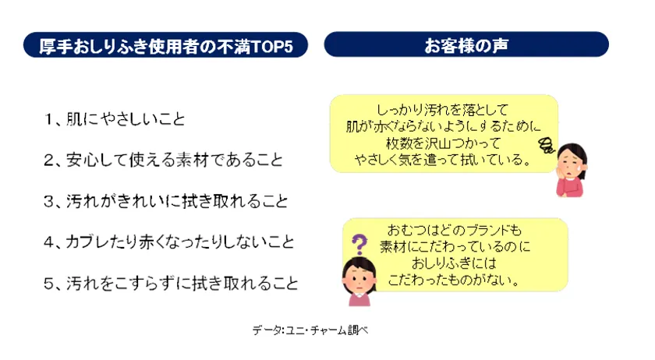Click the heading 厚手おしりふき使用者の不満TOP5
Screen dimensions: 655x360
(166, 45)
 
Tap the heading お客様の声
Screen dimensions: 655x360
(466, 45)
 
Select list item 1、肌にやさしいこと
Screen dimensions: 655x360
(114, 119)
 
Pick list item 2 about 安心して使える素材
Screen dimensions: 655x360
(163, 160)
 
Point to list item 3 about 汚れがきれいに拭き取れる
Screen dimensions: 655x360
(166, 201)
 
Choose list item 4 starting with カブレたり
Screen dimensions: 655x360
(168, 242)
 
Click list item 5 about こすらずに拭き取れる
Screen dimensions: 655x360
(171, 283)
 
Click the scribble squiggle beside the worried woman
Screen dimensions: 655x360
(547, 145)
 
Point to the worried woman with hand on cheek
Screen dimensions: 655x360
(572, 170)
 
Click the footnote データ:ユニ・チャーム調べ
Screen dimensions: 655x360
(310, 330)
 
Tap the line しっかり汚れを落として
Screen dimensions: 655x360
(442, 110)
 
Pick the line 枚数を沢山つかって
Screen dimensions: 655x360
(443, 143)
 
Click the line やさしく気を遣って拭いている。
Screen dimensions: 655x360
(443, 160)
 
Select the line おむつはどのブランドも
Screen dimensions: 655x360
(455, 230)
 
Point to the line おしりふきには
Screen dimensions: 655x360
(455, 263)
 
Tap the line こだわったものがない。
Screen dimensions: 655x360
(455, 280)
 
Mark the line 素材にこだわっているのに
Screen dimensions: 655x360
(455, 246)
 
